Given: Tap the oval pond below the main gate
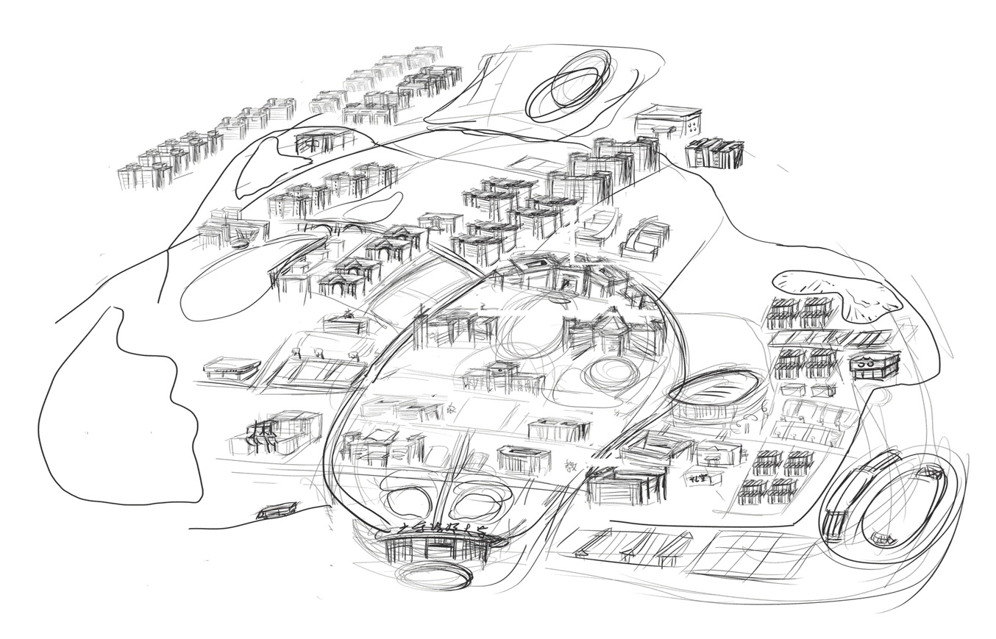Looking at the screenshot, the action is click(x=434, y=573).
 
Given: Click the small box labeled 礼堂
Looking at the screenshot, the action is click(x=702, y=479).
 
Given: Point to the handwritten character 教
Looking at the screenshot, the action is click(x=570, y=465).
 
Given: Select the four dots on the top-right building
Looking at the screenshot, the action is click(x=693, y=126).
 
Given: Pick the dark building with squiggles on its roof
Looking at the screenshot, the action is click(x=874, y=365).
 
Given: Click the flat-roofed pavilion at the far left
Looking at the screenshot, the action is click(x=232, y=367).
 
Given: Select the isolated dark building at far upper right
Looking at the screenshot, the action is click(x=714, y=153).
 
